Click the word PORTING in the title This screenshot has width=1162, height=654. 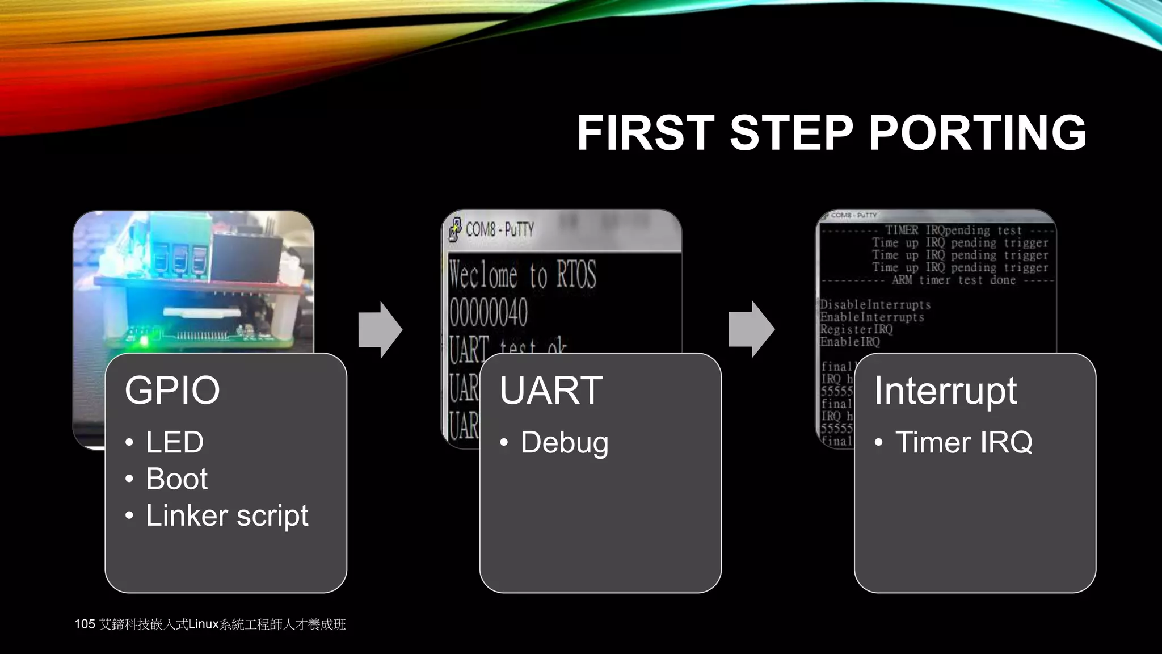pos(977,133)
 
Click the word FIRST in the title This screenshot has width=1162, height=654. pos(645,133)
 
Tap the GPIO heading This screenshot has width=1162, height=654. pos(172,391)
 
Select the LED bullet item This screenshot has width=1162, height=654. pos(174,442)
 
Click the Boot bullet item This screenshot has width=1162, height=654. pos(176,479)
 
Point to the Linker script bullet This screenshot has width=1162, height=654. pos(227,515)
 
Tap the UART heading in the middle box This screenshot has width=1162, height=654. pos(550,391)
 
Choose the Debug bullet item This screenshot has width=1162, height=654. pos(564,443)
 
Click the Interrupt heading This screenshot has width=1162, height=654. pos(945,391)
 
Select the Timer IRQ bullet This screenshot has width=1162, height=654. pos(963,442)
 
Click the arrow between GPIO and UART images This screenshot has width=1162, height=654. pos(381,330)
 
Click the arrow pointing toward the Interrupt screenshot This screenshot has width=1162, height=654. pos(751,329)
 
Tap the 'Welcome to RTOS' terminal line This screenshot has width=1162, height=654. pos(522,275)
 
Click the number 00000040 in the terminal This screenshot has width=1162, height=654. pos(489,313)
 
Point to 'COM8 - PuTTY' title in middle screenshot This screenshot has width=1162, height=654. pos(499,229)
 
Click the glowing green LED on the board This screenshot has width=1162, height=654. pos(144,341)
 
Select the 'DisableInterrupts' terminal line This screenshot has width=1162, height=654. pos(875,305)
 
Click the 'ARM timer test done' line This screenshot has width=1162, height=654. pos(953,280)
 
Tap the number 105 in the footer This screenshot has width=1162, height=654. pos(85,624)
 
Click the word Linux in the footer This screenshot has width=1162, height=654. pos(203,624)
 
